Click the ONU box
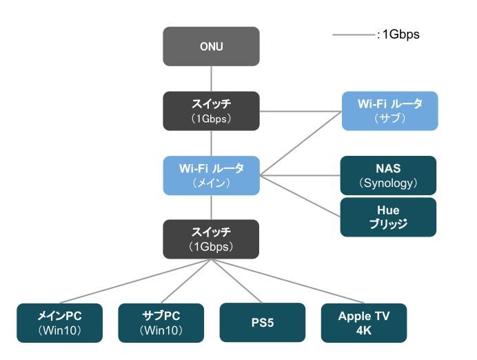211,46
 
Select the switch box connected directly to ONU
211,110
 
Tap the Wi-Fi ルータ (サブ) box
389,110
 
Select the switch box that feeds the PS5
211,239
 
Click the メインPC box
60,323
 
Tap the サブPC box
161,323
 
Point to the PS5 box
262,323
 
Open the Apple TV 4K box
363,323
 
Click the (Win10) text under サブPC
161,330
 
